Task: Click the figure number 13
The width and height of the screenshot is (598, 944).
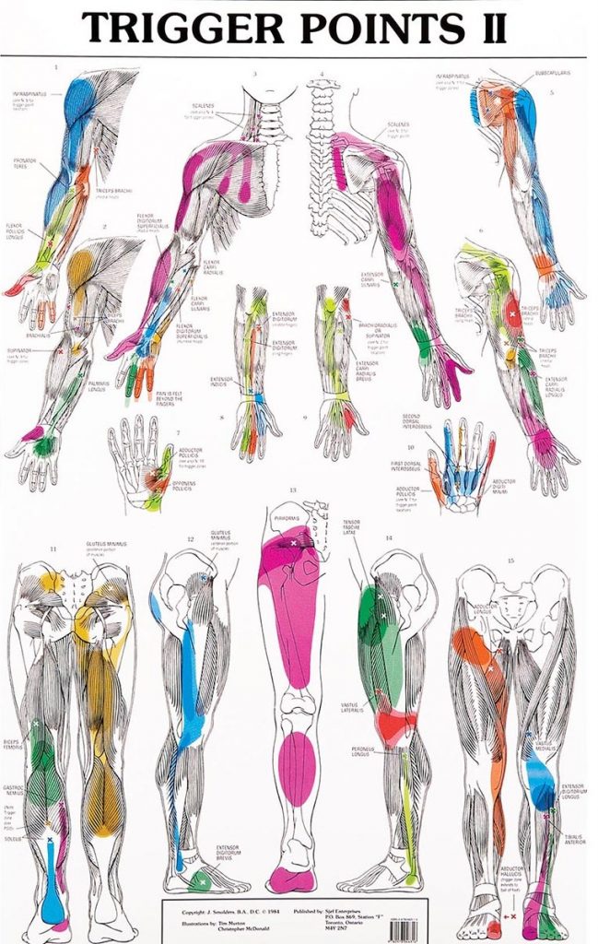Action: click(x=293, y=490)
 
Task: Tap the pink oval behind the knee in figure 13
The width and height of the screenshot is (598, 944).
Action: click(x=297, y=768)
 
